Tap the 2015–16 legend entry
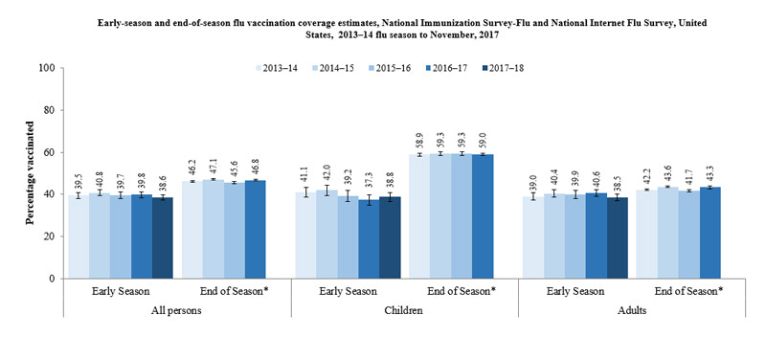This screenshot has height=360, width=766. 388,68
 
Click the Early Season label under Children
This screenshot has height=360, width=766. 347,291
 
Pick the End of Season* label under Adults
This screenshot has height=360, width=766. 688,291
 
